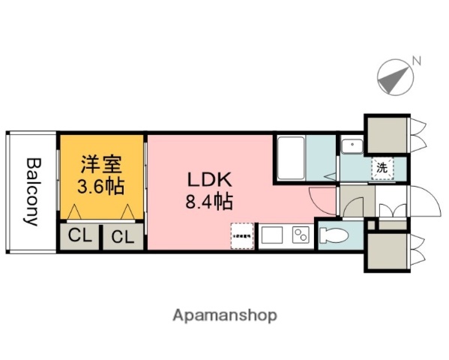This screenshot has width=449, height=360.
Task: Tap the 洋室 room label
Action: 101,163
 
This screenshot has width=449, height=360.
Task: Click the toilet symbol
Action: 332,235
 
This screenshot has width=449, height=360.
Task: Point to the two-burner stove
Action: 301,235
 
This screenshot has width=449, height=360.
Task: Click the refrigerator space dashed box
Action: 241,235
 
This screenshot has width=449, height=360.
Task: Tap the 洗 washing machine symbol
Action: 382,168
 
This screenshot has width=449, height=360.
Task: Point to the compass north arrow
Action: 396,76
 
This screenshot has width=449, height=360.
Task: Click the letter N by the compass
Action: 417,61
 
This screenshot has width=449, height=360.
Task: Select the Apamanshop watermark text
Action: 225,315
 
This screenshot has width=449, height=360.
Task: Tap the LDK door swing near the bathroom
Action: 323,197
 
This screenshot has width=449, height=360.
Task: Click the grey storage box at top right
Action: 386,133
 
